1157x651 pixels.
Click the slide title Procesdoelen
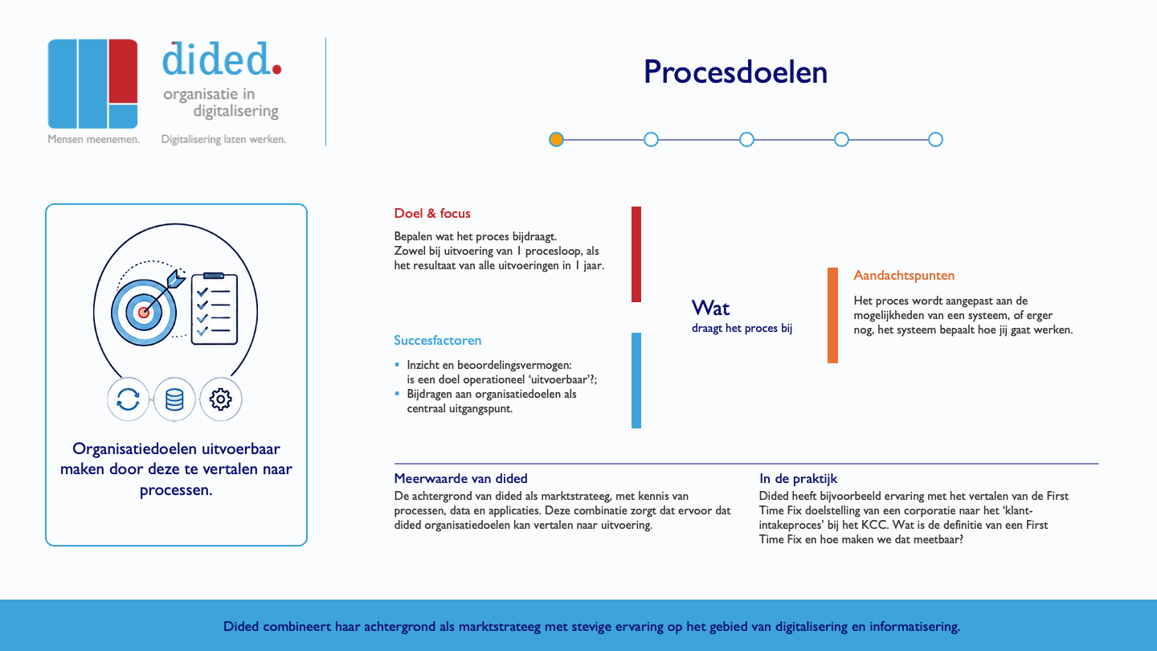point(735,72)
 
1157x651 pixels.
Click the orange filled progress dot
point(556,140)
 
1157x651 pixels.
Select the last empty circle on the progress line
point(935,140)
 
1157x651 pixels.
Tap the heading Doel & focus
point(431,214)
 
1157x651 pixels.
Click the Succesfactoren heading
point(437,340)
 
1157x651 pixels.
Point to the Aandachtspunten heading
point(904,276)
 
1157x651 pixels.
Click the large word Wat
point(711,308)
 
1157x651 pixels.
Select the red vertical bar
point(636,254)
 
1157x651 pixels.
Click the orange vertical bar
point(832,315)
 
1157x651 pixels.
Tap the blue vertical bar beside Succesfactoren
point(636,380)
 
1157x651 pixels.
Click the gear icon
point(220,399)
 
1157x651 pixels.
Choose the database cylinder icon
point(174,399)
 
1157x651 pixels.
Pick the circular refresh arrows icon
point(128,399)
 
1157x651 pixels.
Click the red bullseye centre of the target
point(144,312)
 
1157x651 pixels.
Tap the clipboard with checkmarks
point(215,309)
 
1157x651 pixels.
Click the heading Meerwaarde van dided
point(460,478)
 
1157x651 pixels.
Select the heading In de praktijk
point(798,478)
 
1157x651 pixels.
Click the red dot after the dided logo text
point(277,69)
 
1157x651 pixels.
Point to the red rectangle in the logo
point(124,72)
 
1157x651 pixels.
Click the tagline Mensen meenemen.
point(93,139)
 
